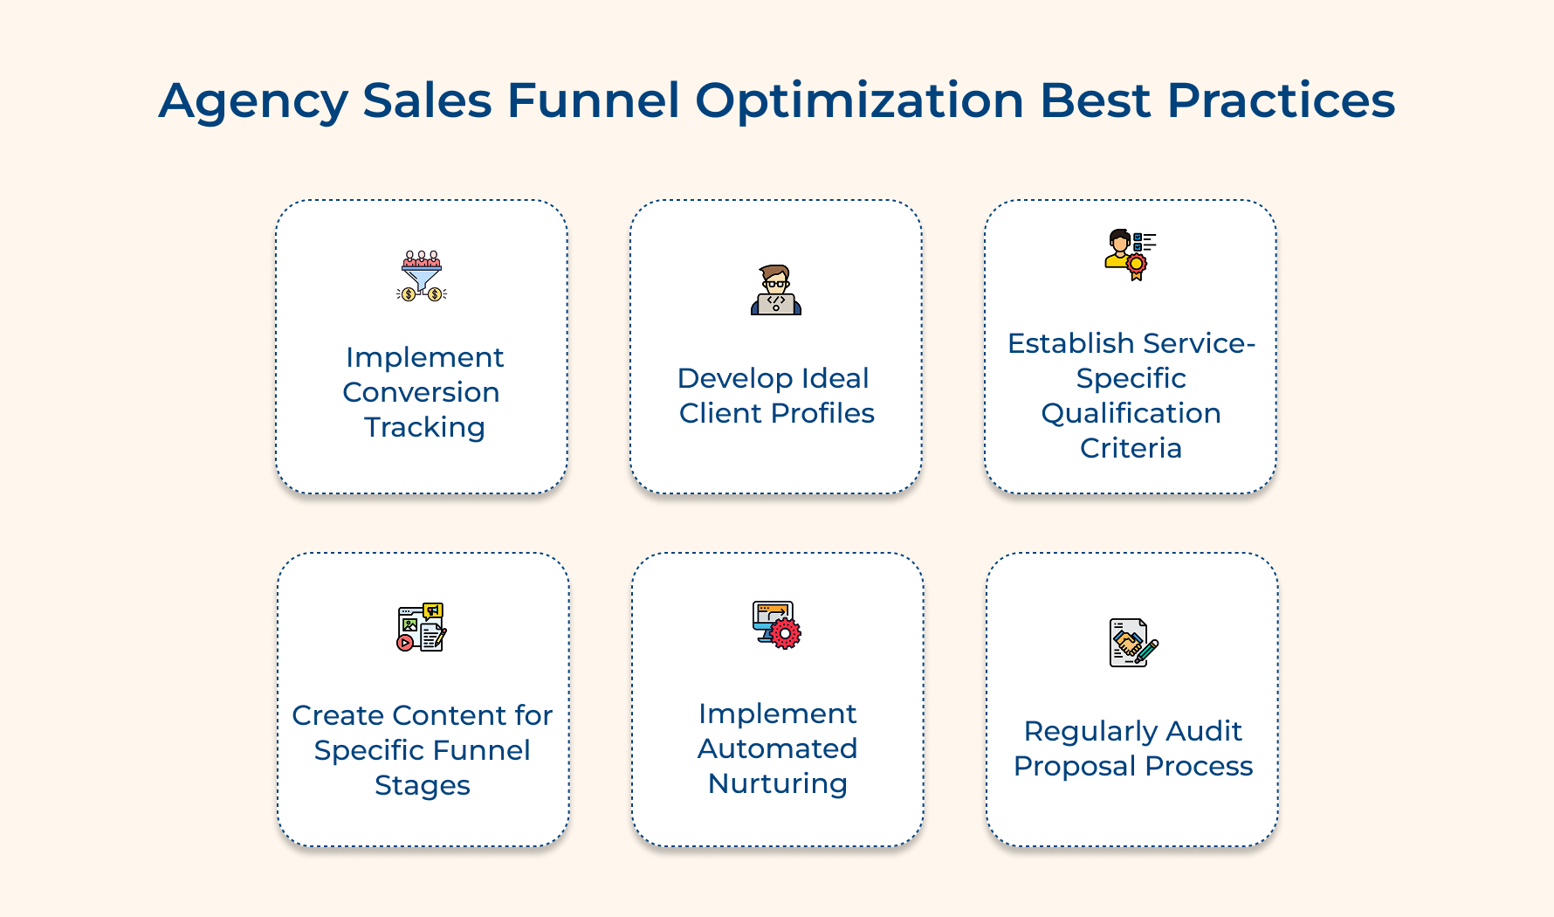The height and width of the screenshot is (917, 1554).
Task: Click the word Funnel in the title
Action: coord(593,100)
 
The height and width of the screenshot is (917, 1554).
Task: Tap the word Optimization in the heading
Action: coord(859,100)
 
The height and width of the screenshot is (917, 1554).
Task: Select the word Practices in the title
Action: coord(1281,100)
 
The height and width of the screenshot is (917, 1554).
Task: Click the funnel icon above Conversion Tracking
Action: coord(422,276)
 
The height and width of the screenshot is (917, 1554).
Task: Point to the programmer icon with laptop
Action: coord(776,290)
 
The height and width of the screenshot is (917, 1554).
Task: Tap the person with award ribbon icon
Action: coord(1130,254)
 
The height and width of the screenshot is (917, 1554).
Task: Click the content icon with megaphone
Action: coord(422,627)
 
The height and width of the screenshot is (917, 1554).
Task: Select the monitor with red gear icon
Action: coord(776,624)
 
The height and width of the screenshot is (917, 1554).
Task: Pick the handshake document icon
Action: coord(1132,643)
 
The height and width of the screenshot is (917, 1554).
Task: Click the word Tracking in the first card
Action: coord(424,427)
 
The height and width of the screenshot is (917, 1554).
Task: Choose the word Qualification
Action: coord(1131,413)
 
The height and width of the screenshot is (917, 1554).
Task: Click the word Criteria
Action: coord(1131,448)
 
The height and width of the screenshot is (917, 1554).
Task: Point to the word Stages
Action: coord(423,785)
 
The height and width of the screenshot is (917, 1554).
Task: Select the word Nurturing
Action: coord(777,783)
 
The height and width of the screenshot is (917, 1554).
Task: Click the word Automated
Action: coord(777,748)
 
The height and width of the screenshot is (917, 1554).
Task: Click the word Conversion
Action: coord(421,392)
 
